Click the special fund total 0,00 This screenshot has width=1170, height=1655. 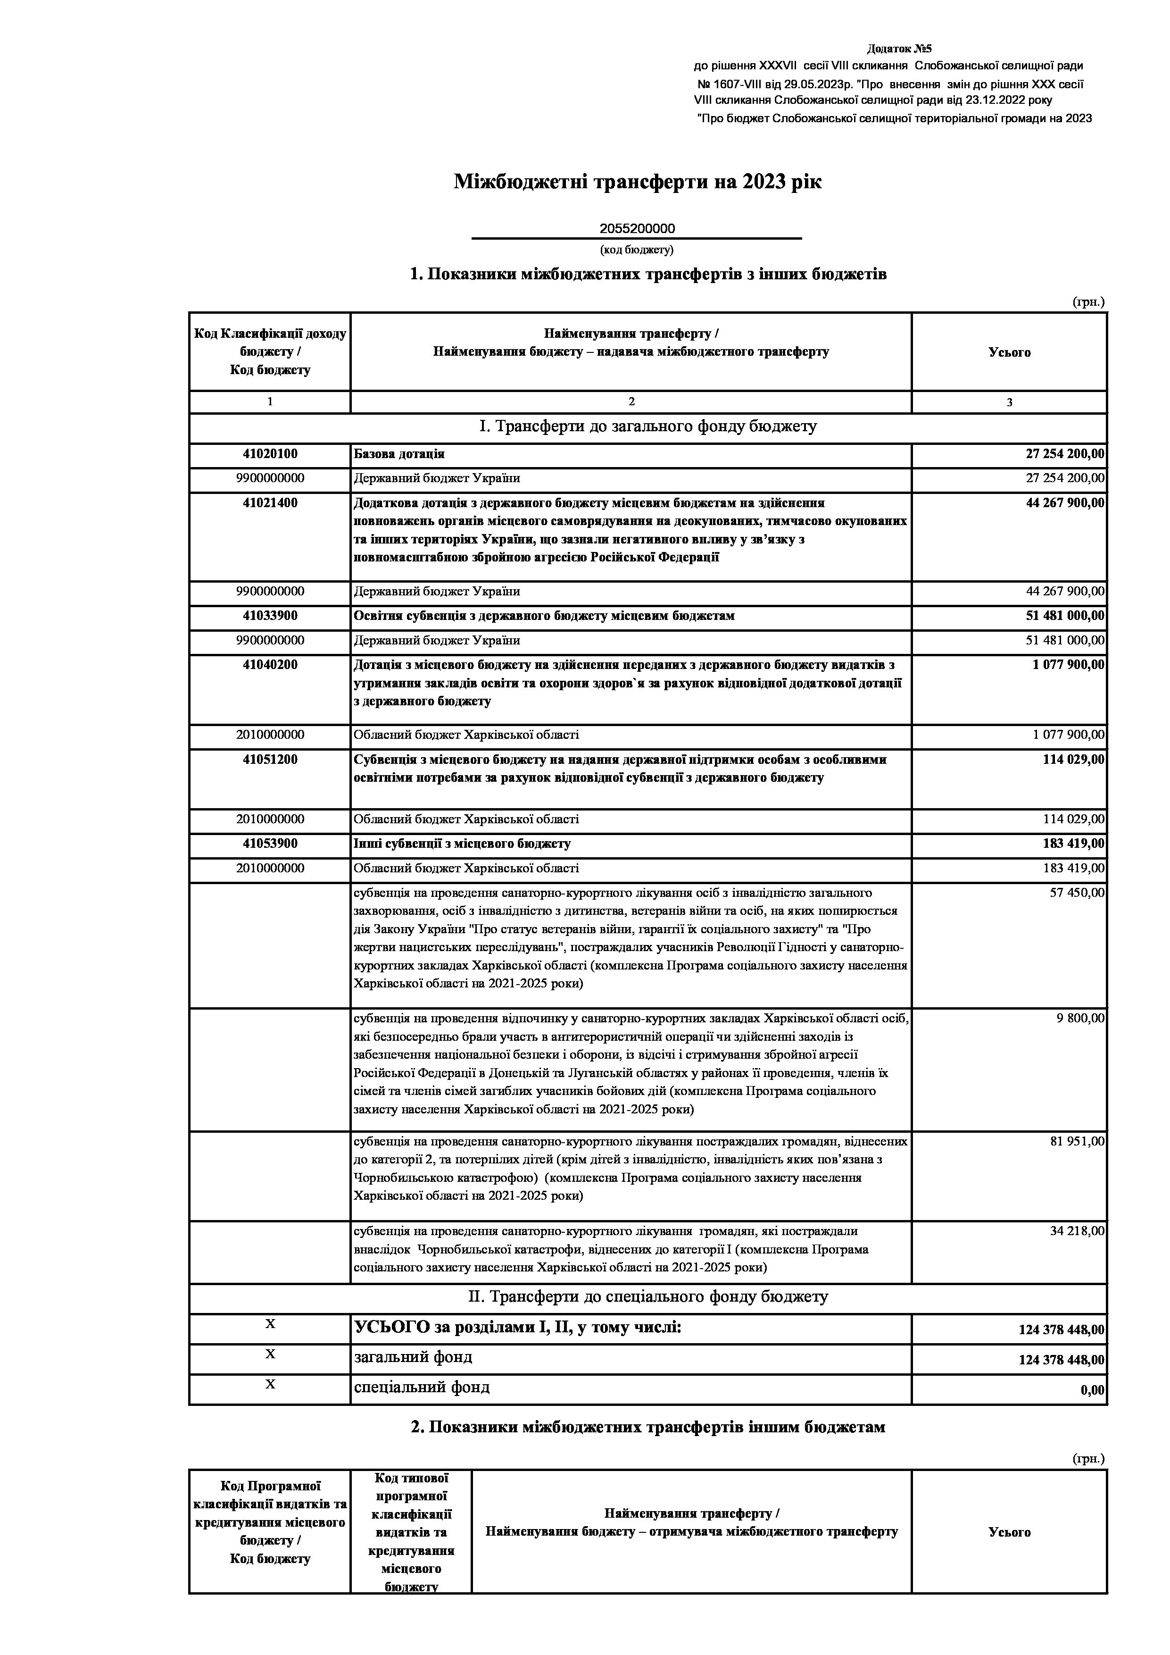coord(1092,1390)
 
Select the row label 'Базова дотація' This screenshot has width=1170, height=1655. coord(399,454)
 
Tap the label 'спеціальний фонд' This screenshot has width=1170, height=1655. coord(422,1388)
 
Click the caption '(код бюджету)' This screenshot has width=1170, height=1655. coord(637,250)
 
